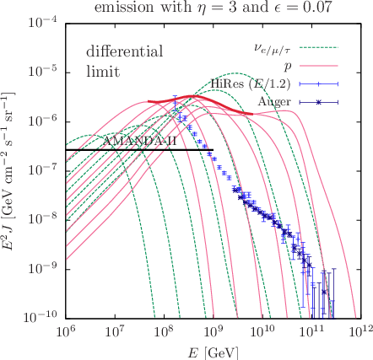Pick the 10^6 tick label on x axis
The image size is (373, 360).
[x=66, y=330]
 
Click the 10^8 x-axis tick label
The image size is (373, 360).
[x=164, y=330]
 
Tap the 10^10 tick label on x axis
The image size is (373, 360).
[x=262, y=330]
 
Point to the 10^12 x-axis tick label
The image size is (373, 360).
[x=360, y=330]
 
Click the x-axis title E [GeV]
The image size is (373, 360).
[x=213, y=352]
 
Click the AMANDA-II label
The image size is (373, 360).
[x=140, y=141]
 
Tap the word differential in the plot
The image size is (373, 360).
[x=125, y=51]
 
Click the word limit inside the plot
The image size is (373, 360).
[x=103, y=72]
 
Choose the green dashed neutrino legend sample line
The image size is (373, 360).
[x=319, y=47]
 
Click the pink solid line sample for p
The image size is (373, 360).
[x=319, y=66]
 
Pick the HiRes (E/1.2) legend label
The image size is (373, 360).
[x=251, y=83]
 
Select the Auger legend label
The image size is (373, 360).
[x=274, y=102]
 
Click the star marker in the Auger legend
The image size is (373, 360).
[x=319, y=102]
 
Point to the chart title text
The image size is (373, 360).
[x=214, y=8]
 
